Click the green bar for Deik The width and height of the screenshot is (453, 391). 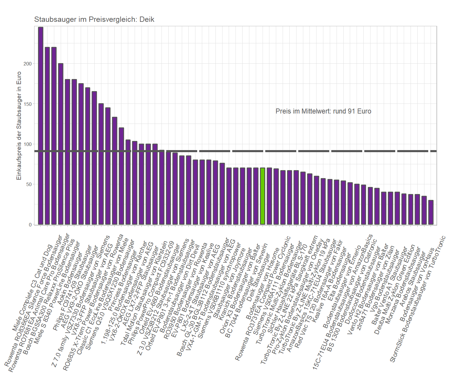(x=262, y=196)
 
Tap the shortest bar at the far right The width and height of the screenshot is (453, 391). (x=431, y=212)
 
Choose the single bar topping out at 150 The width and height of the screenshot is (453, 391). (x=101, y=164)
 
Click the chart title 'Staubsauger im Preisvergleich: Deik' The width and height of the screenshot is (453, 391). (x=94, y=19)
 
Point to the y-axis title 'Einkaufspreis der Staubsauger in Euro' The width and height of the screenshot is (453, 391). (x=19, y=126)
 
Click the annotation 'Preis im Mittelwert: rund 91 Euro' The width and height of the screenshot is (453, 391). (x=323, y=111)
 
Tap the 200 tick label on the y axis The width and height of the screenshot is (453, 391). (x=28, y=64)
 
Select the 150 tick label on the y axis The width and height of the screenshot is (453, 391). (x=28, y=104)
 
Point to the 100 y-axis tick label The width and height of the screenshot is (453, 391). (x=28, y=144)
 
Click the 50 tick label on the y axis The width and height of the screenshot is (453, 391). (x=29, y=185)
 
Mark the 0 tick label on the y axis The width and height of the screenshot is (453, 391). (x=30, y=225)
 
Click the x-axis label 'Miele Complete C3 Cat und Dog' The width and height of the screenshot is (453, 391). (x=32, y=287)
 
